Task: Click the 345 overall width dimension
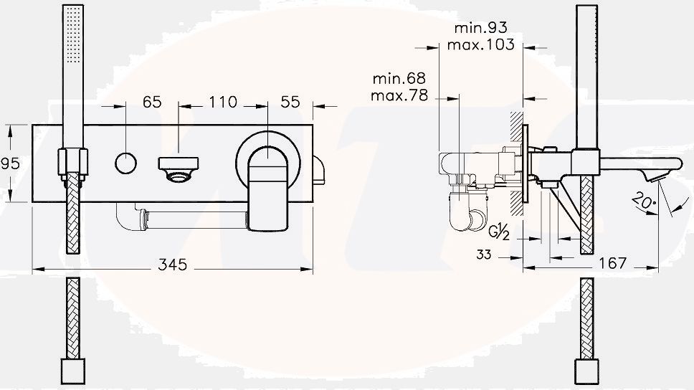pyautogui.click(x=172, y=265)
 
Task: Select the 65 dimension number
pyautogui.click(x=151, y=102)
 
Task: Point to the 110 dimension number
pyautogui.click(x=222, y=102)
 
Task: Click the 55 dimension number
pyautogui.click(x=290, y=102)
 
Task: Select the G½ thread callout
pyautogui.click(x=500, y=232)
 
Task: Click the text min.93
pyautogui.click(x=480, y=28)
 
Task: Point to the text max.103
pyautogui.click(x=480, y=44)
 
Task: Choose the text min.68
pyautogui.click(x=399, y=77)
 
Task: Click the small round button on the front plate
pyautogui.click(x=125, y=163)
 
